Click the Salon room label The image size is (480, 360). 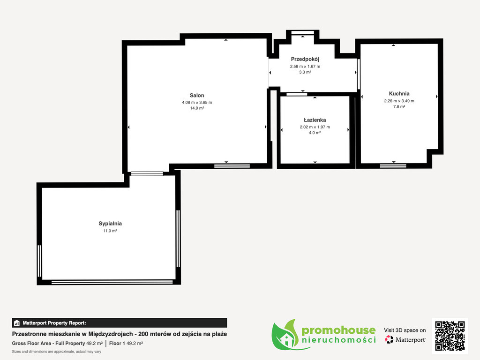197,96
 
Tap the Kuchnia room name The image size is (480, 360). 399,94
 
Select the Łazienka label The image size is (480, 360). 315,120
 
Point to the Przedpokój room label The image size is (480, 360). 305,60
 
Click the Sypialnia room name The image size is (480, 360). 110,224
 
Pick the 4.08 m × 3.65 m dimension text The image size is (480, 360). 197,103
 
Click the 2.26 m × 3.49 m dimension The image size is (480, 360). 399,101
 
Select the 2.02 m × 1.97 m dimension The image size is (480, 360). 315,127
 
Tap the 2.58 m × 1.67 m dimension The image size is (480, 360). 305,67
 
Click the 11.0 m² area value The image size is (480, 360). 110,231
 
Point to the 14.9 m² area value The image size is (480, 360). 197,108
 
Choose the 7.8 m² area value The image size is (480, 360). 399,107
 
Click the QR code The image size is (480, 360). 450,336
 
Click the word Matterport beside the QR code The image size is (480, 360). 410,340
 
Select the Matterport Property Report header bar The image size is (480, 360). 120,323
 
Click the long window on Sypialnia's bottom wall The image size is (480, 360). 112,282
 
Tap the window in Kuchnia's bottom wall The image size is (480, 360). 393,166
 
